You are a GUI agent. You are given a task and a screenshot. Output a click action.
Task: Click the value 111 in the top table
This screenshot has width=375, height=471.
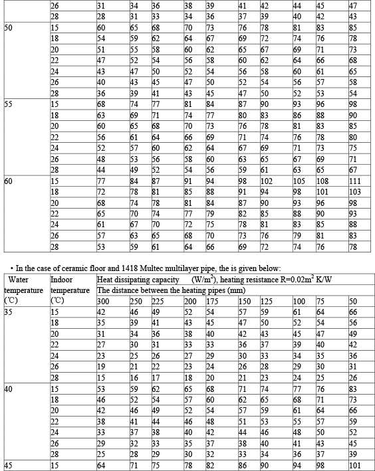point(354,180)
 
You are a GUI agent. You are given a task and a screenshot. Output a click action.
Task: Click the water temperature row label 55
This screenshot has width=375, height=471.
point(9,104)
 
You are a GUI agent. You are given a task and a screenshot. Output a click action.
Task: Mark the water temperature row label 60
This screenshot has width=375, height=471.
point(9,180)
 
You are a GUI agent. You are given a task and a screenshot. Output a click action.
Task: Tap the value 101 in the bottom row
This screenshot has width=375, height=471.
point(354,465)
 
